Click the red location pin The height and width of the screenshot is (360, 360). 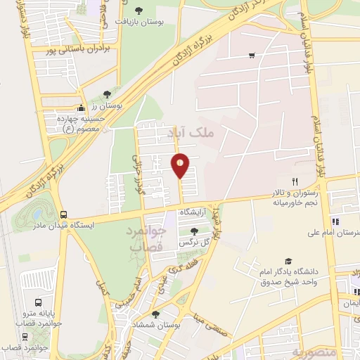click(x=181, y=165)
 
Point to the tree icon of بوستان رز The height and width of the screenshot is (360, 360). click(x=106, y=94)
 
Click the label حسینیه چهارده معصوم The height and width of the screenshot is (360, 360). click(x=78, y=124)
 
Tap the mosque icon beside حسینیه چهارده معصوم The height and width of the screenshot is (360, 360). click(x=81, y=108)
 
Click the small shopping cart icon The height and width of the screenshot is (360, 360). click(x=252, y=56)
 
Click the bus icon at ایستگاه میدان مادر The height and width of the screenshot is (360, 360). click(x=64, y=214)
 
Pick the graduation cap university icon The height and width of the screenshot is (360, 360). click(x=288, y=260)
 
